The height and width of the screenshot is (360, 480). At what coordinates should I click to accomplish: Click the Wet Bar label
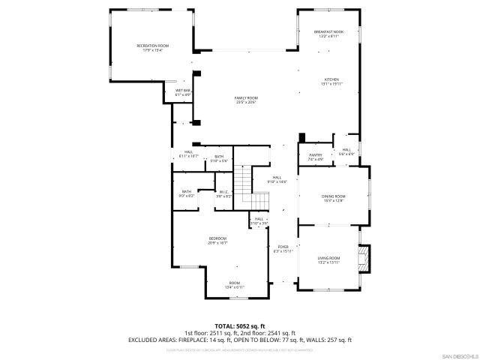pos(183,93)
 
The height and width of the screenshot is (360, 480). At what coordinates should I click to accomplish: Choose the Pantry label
pos(315,157)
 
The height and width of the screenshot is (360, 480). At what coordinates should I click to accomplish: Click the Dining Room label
pos(334,198)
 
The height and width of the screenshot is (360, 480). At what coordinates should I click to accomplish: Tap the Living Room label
pos(328,259)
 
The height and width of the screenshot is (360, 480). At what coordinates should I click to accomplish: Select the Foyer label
pos(283,248)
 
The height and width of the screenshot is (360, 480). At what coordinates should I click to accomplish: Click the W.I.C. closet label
pos(224,193)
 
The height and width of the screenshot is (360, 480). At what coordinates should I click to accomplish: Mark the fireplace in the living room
pos(364,259)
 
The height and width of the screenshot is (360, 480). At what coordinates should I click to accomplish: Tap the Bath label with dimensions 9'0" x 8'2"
pos(187,193)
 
